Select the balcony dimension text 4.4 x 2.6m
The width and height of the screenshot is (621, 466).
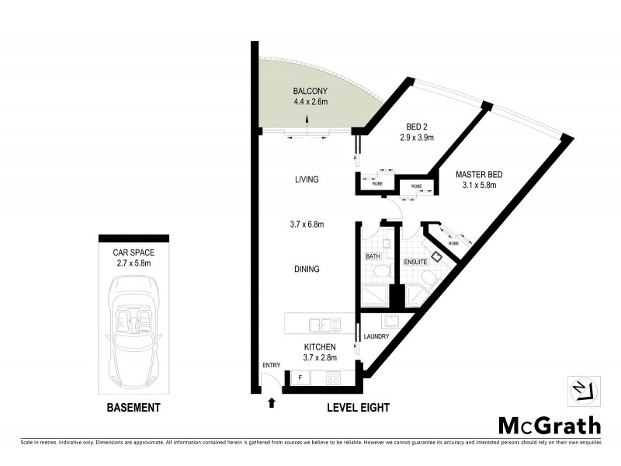(310, 101)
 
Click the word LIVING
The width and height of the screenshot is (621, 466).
(307, 179)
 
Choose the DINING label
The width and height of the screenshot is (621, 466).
(307, 270)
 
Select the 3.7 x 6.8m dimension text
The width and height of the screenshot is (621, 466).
(307, 224)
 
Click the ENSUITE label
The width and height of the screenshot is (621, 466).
(415, 263)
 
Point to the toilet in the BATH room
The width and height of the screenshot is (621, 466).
(381, 272)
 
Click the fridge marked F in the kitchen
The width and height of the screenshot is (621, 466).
(300, 379)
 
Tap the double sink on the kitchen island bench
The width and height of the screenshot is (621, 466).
(319, 324)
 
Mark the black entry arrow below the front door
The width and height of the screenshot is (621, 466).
(271, 402)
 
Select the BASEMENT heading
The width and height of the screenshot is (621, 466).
(133, 408)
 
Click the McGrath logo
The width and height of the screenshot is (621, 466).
(549, 425)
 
